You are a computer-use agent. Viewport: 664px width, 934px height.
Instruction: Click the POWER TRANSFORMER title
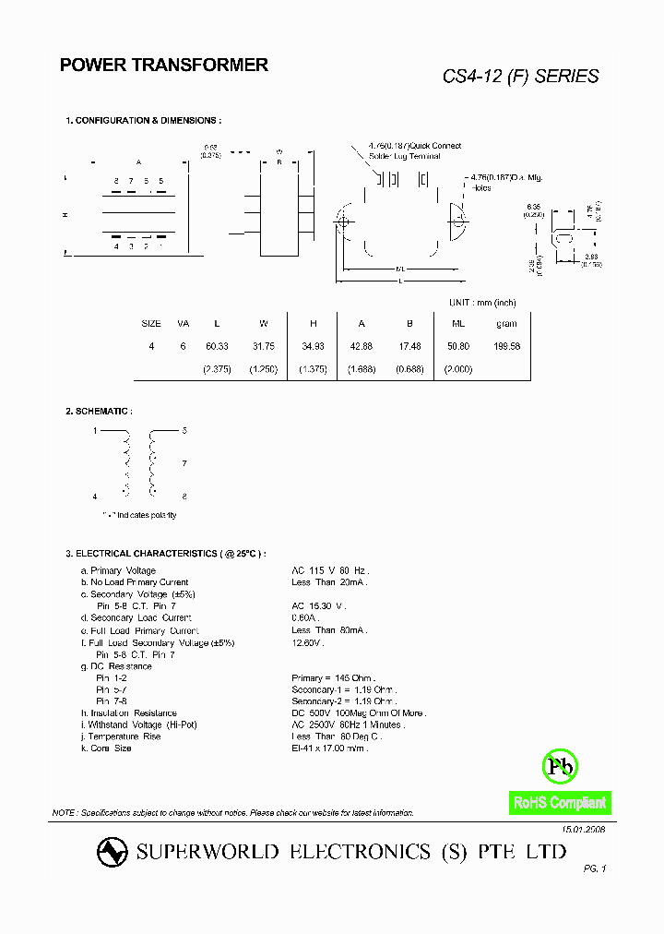tap(164, 65)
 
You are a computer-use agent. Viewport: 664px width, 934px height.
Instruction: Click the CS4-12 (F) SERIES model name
tap(520, 77)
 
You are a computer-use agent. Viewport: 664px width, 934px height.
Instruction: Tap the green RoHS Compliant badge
tap(560, 803)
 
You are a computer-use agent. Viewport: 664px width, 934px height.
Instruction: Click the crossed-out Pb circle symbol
tap(560, 765)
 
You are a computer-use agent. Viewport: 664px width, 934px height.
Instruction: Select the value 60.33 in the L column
tap(217, 345)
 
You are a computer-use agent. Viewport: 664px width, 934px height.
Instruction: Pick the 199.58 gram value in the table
tap(506, 345)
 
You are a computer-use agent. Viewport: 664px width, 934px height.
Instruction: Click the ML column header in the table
tap(457, 324)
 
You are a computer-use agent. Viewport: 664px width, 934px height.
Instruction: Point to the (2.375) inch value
tap(217, 368)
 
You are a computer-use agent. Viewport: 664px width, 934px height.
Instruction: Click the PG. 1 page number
tap(595, 868)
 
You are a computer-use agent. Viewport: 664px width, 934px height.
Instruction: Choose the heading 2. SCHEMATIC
tap(99, 411)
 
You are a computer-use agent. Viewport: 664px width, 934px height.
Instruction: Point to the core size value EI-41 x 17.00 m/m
tap(329, 748)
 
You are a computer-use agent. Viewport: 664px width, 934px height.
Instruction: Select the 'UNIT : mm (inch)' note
tap(481, 303)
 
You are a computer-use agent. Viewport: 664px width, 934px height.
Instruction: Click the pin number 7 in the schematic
tap(184, 463)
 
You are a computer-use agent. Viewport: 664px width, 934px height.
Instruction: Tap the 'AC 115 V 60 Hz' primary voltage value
tap(329, 570)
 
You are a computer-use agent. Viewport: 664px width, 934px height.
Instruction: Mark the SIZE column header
tap(151, 324)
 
